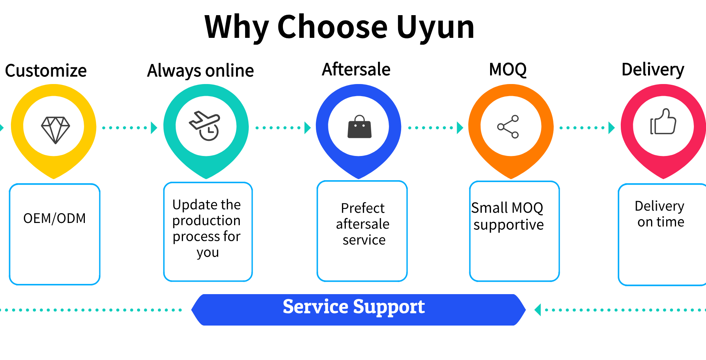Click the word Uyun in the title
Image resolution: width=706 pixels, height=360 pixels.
coord(435,27)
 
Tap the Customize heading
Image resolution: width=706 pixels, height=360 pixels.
coord(46,71)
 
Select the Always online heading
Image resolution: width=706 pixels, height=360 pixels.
coord(200,71)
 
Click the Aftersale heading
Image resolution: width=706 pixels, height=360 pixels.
coord(356,70)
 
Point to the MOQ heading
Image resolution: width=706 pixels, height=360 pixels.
coord(508,70)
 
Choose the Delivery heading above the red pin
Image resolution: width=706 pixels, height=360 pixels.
coord(653,70)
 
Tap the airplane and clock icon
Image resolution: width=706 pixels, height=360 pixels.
coord(205,126)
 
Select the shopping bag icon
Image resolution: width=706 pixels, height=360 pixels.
coord(359,127)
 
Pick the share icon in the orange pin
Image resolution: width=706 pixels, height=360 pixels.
coord(508,127)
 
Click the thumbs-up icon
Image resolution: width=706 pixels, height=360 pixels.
coord(663,122)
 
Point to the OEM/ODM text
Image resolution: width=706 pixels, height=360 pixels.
coord(55,218)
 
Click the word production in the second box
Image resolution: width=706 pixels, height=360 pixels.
coord(206,221)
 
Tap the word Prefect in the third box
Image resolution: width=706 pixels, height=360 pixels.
coord(362,208)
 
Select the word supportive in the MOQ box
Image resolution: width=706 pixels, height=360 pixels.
coord(508,225)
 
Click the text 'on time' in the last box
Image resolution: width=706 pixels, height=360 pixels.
coord(661,222)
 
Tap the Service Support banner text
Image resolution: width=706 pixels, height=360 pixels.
coord(354,307)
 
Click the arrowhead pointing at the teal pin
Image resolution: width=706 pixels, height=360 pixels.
coord(154,128)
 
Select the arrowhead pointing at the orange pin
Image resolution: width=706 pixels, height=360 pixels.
coord(460,128)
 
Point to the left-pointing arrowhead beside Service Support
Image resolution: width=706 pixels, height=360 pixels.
coord(537,310)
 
